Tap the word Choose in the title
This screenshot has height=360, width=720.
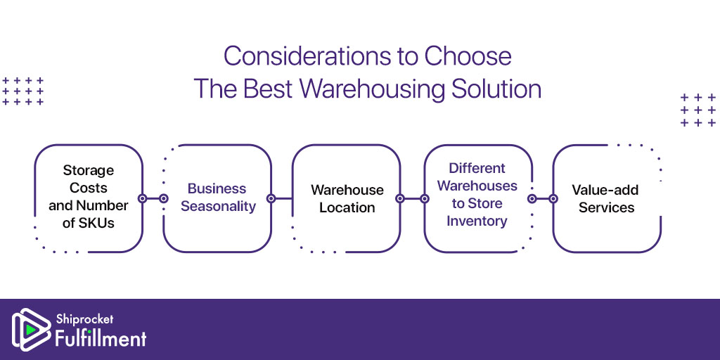pos(468,56)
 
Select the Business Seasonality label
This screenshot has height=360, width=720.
pos(218,198)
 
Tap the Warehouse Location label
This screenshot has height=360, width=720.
pos(347,198)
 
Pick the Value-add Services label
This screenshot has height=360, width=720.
pos(605,198)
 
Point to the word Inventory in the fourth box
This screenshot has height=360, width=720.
pos(477,221)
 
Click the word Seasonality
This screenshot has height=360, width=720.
pos(218,207)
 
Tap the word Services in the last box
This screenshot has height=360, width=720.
pos(606,207)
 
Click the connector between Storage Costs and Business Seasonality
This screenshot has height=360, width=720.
pos(153,198)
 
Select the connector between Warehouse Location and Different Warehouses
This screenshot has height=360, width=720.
pos(412,198)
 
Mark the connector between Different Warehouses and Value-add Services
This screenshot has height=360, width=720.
pos(542,198)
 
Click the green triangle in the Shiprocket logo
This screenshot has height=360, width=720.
pos(30,329)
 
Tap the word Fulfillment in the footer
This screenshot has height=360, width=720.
pos(101,339)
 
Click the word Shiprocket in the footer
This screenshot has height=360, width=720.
pos(84,319)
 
